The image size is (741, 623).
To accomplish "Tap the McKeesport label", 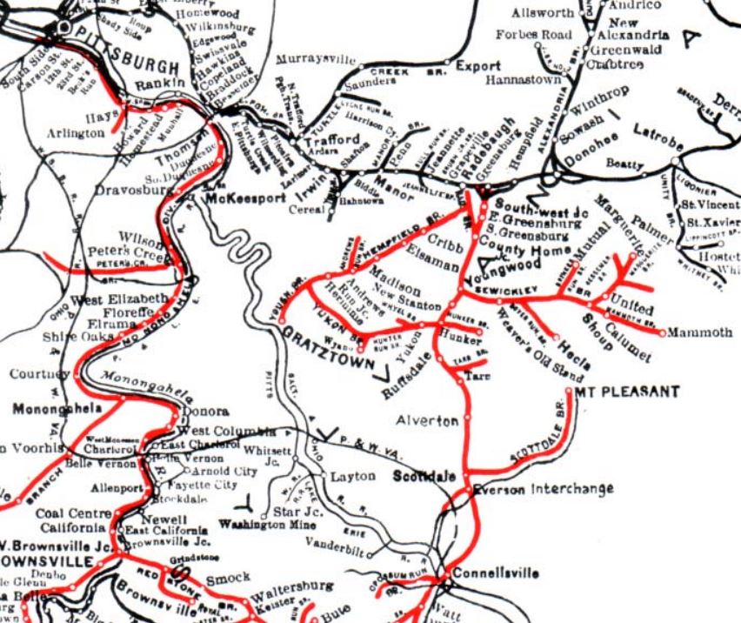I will (244, 198).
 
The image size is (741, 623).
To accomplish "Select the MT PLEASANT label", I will (630, 392).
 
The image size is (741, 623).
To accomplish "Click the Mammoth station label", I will (700, 333).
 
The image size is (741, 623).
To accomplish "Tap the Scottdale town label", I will (424, 477).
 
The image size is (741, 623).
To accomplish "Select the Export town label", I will (478, 66).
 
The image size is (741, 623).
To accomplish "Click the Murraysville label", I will (317, 60).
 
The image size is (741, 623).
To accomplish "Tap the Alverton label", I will (427, 421).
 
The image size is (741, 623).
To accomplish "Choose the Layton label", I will (352, 477).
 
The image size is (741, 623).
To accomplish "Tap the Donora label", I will (207, 412).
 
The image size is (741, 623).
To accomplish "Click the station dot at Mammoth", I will (663, 333).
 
